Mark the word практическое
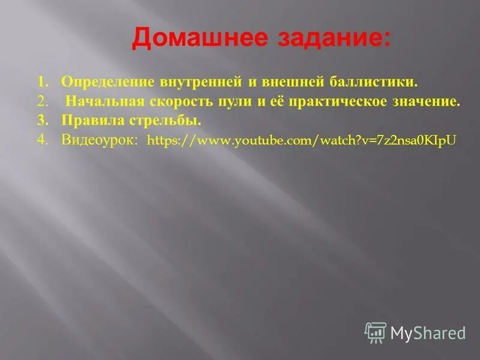tap(336, 101)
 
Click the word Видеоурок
tap(100, 140)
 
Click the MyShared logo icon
tap(375, 332)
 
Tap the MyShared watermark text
tap(428, 333)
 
